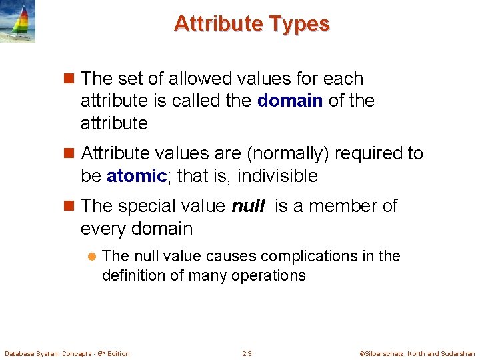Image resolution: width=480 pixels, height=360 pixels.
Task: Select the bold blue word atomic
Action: click(136, 176)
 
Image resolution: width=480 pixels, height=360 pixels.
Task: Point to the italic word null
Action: click(247, 207)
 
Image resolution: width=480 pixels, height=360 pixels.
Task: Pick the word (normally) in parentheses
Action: click(288, 153)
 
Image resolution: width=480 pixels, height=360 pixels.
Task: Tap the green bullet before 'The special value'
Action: click(71, 207)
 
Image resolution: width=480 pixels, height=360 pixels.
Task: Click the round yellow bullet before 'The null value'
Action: click(93, 257)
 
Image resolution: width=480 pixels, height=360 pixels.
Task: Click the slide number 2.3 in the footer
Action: click(247, 353)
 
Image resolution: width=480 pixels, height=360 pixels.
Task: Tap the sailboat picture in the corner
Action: click(17, 21)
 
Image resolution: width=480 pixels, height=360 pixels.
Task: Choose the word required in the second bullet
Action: click(365, 153)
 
